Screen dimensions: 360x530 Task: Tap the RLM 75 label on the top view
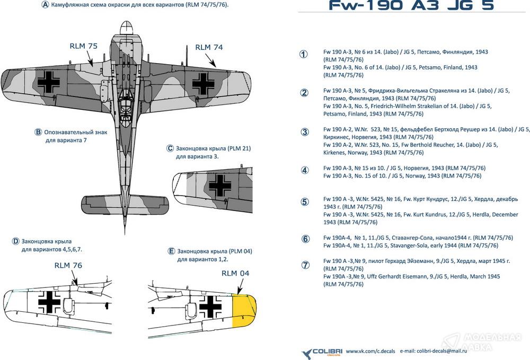click(x=84, y=46)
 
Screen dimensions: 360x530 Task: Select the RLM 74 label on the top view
click(x=209, y=47)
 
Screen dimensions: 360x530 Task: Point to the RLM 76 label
click(x=68, y=265)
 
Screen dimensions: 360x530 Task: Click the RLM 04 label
click(x=235, y=273)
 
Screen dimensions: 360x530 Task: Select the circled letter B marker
click(x=38, y=132)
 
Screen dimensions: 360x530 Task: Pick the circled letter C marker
click(x=170, y=148)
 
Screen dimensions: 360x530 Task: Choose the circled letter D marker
click(x=15, y=241)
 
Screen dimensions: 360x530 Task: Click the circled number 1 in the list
click(x=304, y=54)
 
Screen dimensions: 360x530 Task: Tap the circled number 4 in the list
click(x=304, y=170)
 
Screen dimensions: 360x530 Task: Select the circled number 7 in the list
click(x=305, y=265)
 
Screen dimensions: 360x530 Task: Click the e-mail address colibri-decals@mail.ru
click(x=430, y=352)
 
